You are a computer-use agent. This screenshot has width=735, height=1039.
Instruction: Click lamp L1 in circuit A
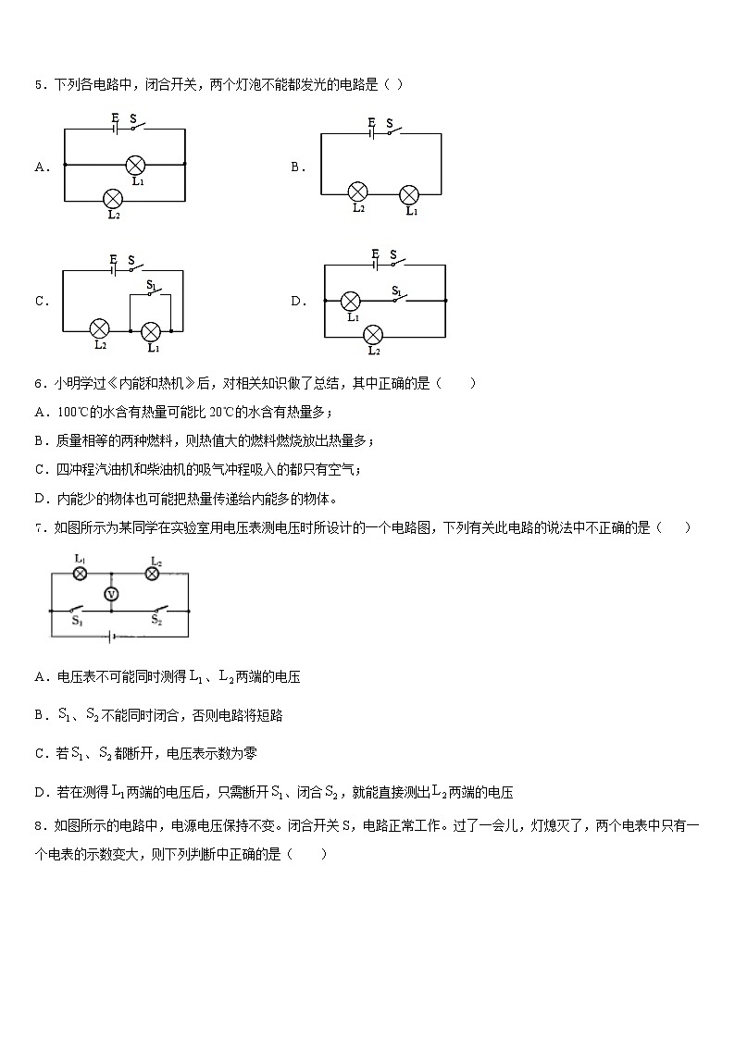pos(135,165)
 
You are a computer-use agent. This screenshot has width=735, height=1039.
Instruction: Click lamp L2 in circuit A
pos(113,198)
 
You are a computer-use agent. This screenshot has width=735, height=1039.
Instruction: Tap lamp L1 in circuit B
pos(408,195)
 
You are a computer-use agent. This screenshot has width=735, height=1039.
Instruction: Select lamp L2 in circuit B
pos(357,192)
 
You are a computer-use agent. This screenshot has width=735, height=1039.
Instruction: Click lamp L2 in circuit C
pos(99,329)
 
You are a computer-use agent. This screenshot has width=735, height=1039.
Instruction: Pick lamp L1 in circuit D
pos(351,301)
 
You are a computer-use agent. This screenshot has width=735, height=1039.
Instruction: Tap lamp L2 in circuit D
pos(373,334)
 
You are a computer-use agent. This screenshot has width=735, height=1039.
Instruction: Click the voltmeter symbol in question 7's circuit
pos(111,593)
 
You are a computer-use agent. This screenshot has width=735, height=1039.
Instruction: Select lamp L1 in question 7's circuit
pos(80,574)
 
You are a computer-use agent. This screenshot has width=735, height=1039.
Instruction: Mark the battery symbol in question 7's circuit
pos(112,637)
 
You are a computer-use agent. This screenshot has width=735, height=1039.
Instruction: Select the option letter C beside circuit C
pos(41,301)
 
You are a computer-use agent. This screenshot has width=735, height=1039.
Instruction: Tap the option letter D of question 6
pos(40,500)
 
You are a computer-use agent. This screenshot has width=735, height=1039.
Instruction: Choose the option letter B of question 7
pos(40,715)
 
